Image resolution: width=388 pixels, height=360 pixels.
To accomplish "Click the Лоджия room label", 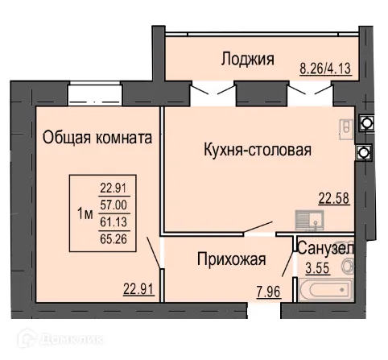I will (x=248, y=59).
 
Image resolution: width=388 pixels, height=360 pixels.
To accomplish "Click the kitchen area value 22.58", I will (x=336, y=200).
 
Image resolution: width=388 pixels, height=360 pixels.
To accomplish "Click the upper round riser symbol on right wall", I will (x=366, y=123).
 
